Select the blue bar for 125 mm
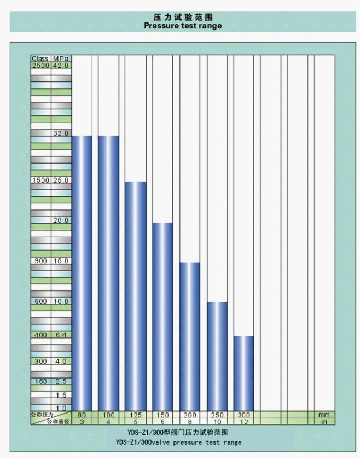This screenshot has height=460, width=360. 136,295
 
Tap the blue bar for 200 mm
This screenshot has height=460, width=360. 189,336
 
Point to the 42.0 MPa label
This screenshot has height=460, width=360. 61,66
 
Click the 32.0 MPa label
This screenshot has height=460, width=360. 61,133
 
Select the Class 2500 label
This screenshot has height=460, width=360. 40,66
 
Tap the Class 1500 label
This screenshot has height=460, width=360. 40,180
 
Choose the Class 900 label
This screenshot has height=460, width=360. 40,261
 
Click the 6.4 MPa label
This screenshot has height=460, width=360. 61,335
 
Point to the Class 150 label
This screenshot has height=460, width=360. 40,381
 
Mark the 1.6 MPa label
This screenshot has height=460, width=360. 61,394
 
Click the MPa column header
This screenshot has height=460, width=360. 61,58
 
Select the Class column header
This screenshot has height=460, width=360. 40,58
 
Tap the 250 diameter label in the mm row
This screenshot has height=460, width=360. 217,415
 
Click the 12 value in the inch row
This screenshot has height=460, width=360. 243,422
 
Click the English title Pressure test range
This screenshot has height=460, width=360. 183,25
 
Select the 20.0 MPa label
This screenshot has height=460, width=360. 61,220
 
